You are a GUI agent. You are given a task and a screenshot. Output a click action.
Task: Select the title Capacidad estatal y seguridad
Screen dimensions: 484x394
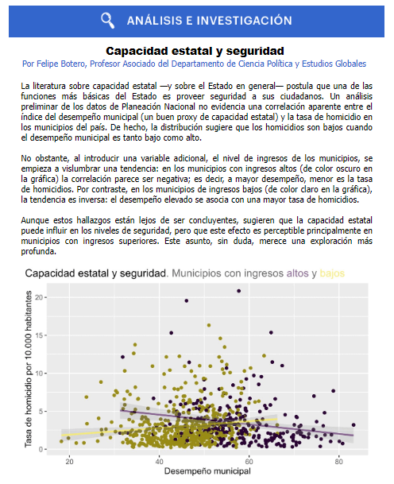(x=197, y=49)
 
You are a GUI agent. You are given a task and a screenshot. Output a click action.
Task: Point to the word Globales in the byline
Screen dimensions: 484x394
(x=350, y=63)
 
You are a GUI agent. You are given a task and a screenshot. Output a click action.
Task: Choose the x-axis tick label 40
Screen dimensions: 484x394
(x=160, y=460)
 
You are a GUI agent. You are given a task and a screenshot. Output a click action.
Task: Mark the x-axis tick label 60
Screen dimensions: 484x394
(x=249, y=460)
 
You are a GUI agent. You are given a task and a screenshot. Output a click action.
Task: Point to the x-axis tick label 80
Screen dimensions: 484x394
(x=339, y=460)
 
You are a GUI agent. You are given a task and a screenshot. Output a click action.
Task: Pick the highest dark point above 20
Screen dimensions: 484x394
(x=238, y=291)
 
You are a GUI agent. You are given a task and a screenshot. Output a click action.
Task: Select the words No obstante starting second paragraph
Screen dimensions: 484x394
(x=45, y=157)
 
